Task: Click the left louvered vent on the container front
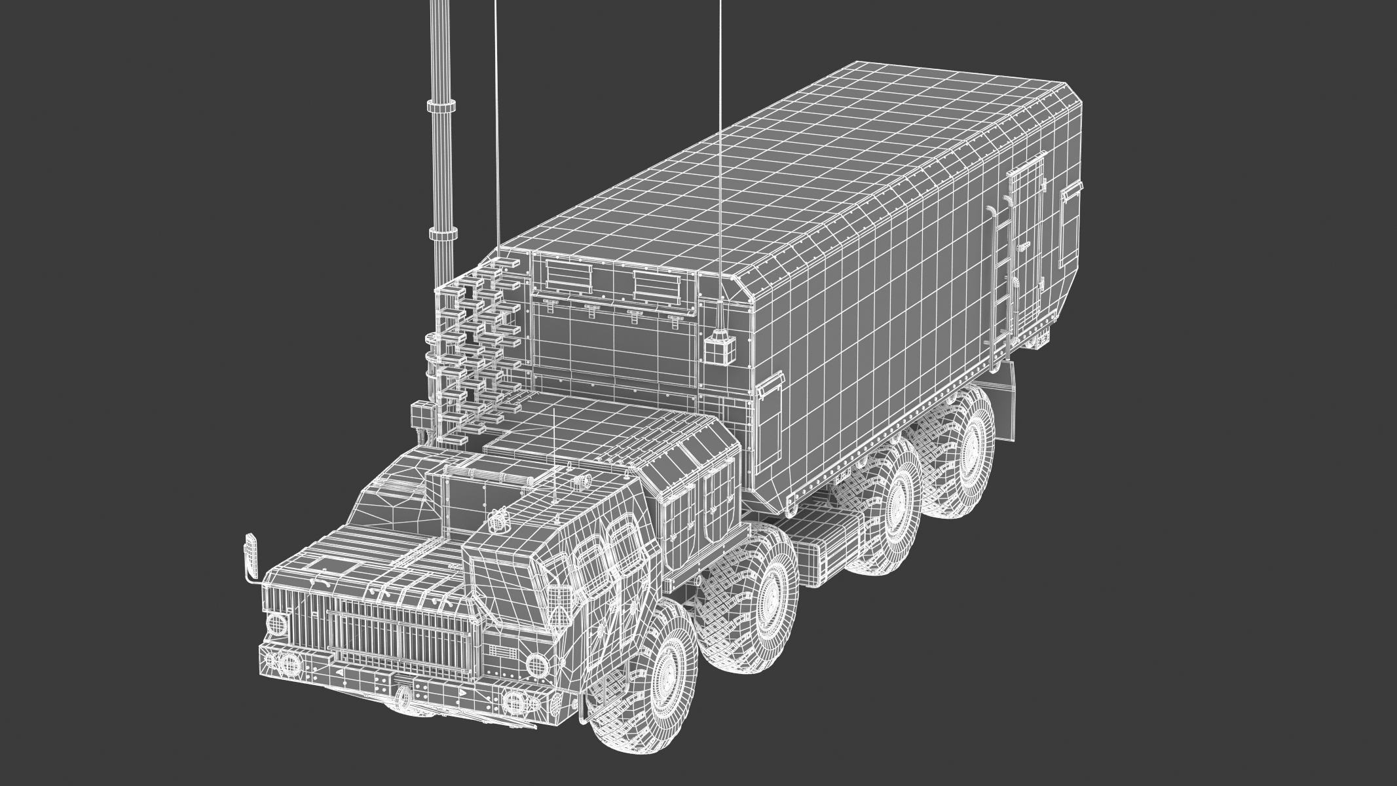[x=567, y=276]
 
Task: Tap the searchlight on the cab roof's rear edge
[x=580, y=482]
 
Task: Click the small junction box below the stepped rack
[x=419, y=413]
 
